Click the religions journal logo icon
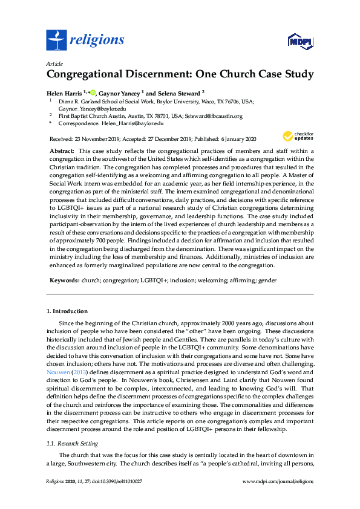click(56, 40)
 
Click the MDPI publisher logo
click(299, 41)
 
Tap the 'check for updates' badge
click(298, 136)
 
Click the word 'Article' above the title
click(54, 63)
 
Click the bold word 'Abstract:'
click(61, 149)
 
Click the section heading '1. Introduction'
click(67, 311)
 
